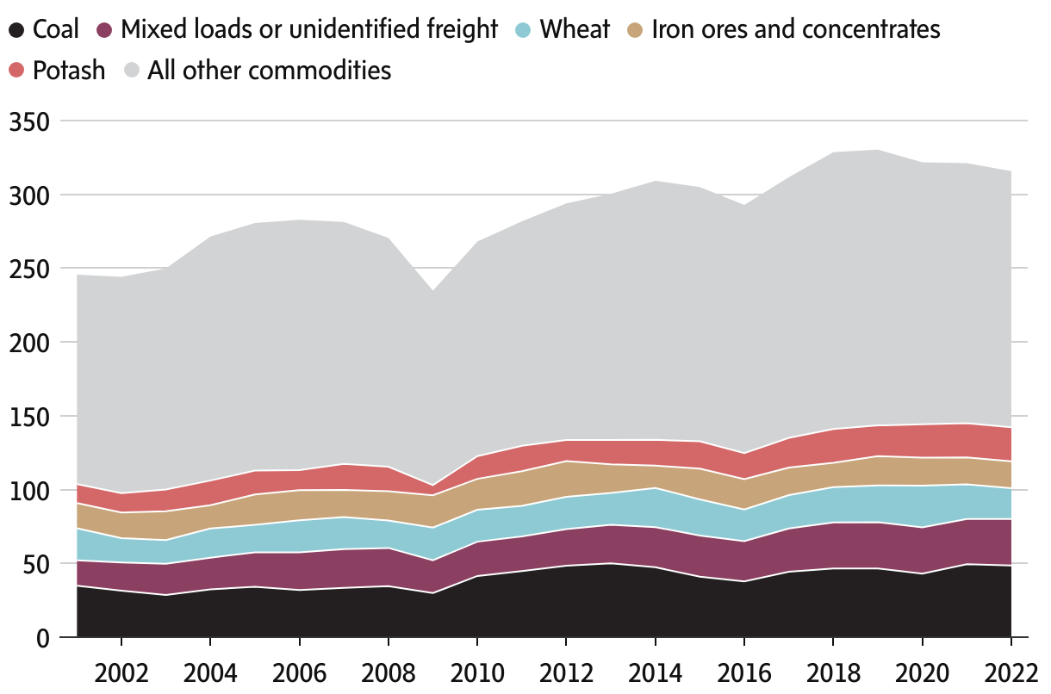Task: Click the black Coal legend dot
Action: tap(16, 30)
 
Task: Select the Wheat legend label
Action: tap(575, 30)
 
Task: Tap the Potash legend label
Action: tap(69, 71)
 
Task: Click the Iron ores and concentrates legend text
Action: tap(796, 30)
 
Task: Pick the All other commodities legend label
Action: tap(270, 71)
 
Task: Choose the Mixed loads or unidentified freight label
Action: tap(309, 30)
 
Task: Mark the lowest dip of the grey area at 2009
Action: tap(432, 290)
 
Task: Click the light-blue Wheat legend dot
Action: tap(523, 30)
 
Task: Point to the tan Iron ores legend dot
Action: tap(635, 30)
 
